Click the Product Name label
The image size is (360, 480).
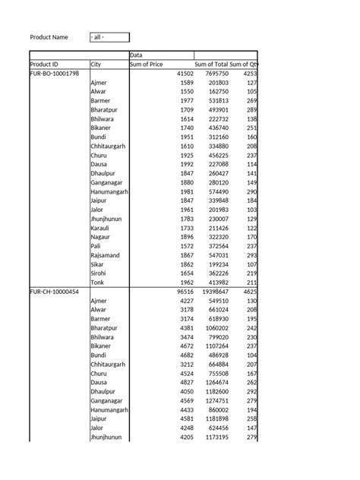click(49, 37)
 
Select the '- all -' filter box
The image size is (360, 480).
click(109, 37)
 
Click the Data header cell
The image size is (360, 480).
click(137, 55)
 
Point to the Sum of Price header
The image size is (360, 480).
click(147, 65)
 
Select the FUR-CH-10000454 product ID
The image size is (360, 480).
click(55, 291)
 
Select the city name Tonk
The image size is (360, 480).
click(98, 282)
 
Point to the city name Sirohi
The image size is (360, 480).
click(99, 273)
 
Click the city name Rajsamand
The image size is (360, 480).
click(106, 254)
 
